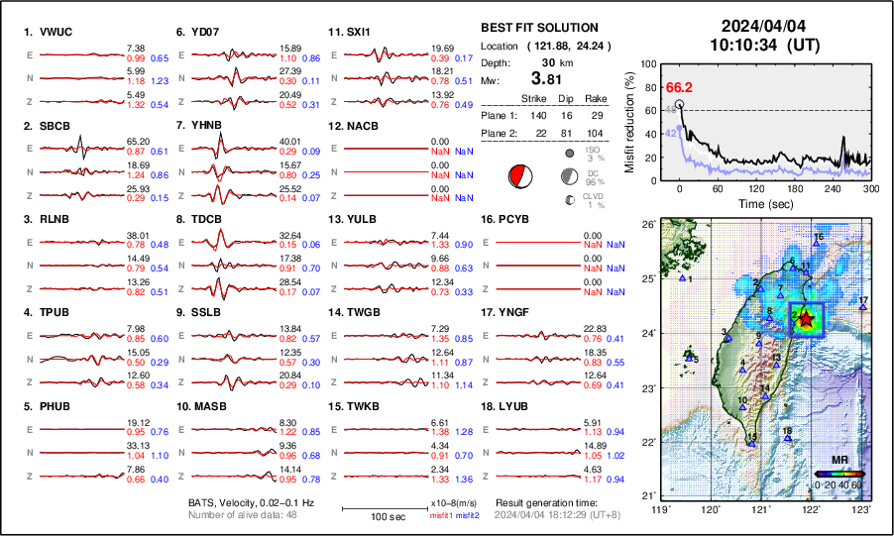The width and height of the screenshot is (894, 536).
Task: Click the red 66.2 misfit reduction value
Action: point(679,87)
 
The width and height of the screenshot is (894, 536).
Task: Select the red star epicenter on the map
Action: point(805,319)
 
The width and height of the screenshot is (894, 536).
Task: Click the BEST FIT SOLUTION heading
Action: point(539,28)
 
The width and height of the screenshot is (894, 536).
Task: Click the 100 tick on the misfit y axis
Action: point(648,63)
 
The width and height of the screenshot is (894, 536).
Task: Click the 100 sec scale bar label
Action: point(383,517)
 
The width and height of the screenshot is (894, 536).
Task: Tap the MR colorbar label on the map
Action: point(839,462)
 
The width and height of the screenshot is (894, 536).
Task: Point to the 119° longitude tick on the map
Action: point(660,509)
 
